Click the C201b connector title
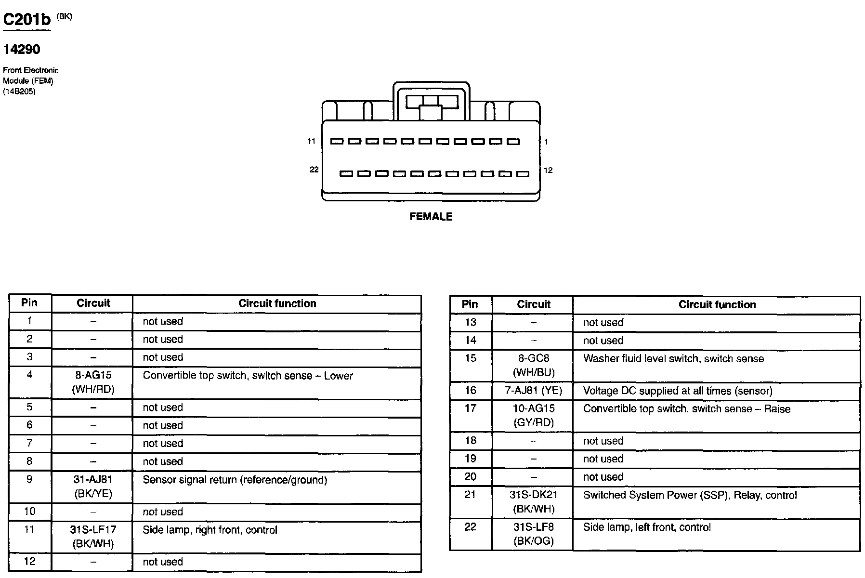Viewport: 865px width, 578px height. point(27,20)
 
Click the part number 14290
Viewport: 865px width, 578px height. point(22,49)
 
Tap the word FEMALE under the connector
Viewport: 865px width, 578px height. point(431,217)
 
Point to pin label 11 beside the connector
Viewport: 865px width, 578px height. point(312,141)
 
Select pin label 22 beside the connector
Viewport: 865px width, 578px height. point(314,170)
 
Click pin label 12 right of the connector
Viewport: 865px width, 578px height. point(548,170)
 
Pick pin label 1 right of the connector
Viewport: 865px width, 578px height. point(546,142)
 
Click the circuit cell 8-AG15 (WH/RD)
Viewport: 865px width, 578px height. point(93,382)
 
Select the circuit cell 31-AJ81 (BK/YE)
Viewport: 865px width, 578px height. point(93,486)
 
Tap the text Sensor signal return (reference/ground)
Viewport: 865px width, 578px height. point(235,480)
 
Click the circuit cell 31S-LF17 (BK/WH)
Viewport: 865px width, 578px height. point(93,537)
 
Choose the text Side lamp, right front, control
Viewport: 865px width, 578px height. point(210,530)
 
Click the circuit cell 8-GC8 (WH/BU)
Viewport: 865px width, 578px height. point(534,365)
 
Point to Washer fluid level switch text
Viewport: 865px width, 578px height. point(673,358)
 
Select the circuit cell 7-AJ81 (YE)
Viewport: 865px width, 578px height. point(534,390)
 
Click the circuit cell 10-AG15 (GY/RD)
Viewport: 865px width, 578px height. point(534,415)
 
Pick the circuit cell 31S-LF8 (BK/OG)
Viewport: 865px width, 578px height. point(534,534)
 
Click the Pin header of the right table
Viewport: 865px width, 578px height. point(470,304)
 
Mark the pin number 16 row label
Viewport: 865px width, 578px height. point(470,390)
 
